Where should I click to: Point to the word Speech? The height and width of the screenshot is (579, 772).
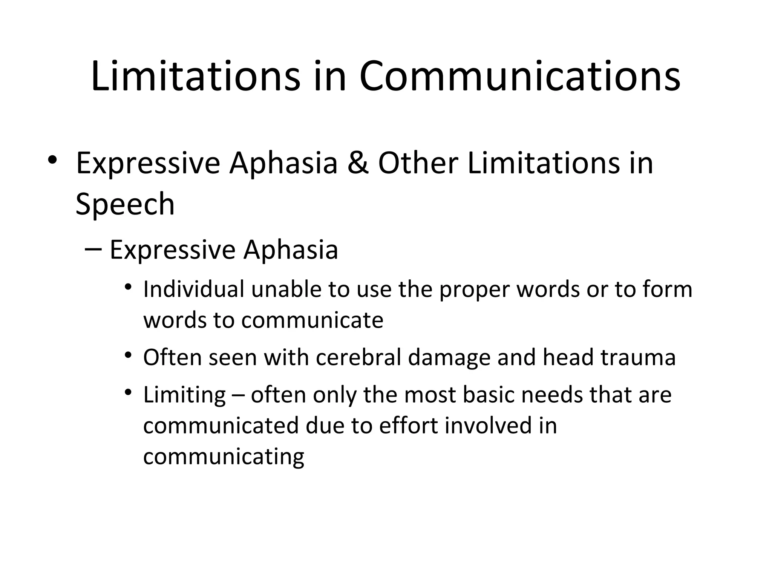(x=125, y=205)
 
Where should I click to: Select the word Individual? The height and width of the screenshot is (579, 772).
(x=194, y=289)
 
